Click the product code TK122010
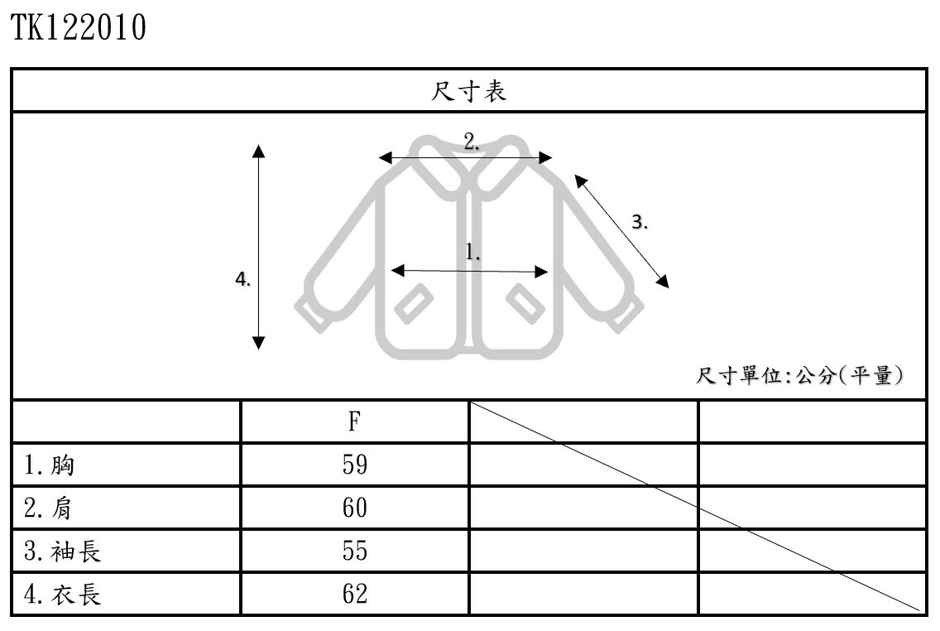click(79, 28)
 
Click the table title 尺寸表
click(468, 91)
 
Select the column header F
click(354, 422)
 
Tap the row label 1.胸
click(50, 465)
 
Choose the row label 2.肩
click(50, 508)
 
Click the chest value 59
click(354, 465)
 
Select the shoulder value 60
click(354, 508)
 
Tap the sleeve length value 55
click(354, 552)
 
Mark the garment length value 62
click(354, 595)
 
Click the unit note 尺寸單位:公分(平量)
click(799, 376)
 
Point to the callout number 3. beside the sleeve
click(640, 222)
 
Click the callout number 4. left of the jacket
click(242, 280)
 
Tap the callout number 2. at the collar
click(472, 142)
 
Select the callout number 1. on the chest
click(473, 252)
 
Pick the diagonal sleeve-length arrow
click(621, 232)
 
